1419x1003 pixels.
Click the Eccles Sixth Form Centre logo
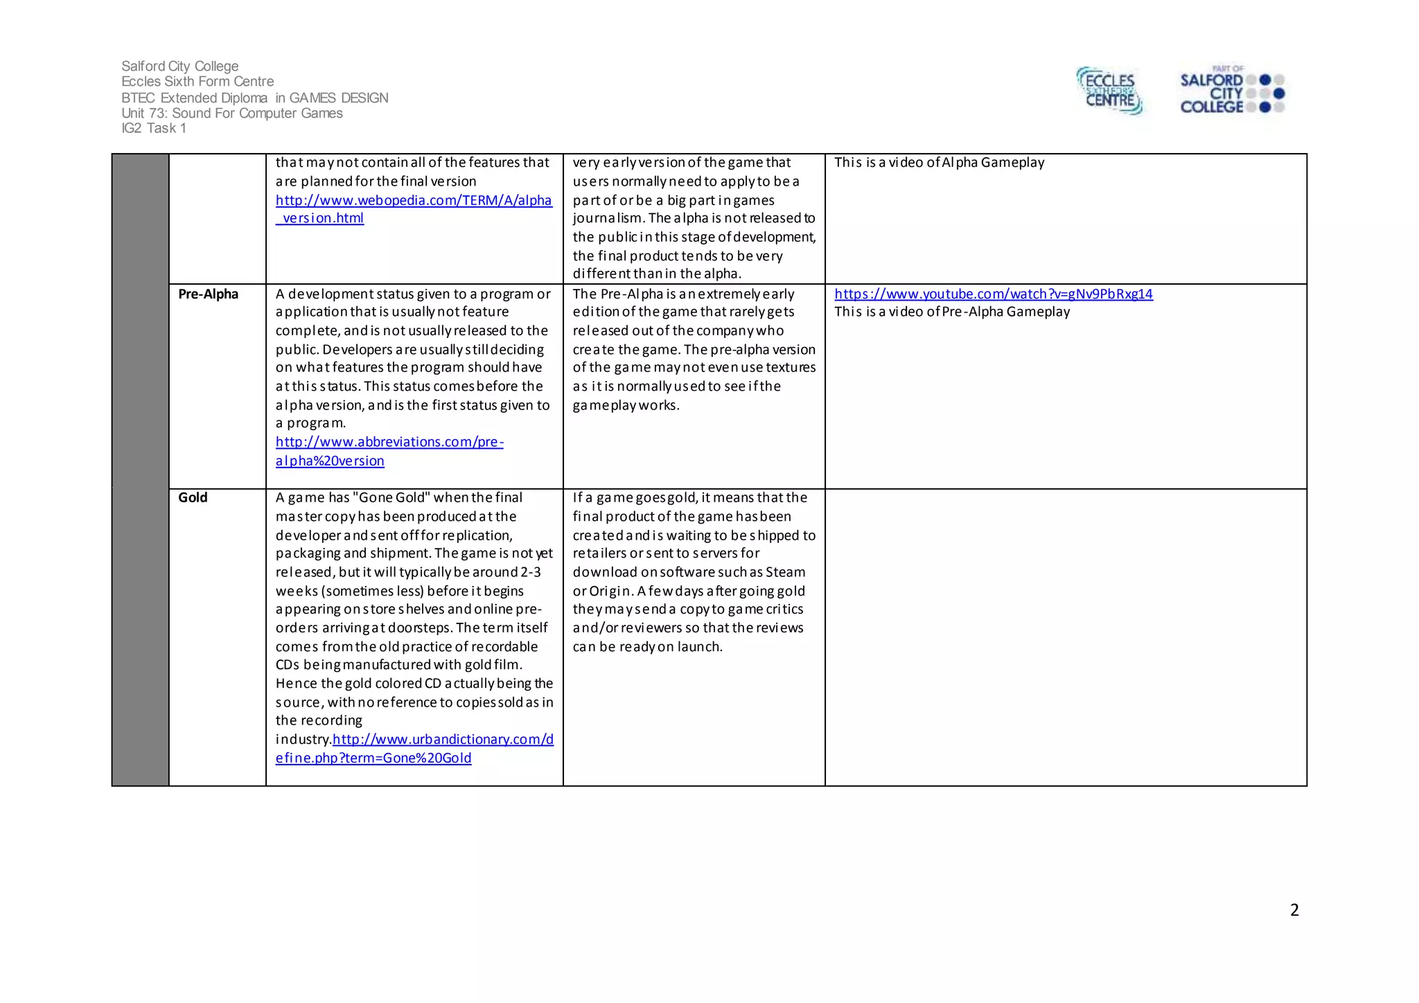coord(1109,91)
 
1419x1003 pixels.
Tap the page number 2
coord(1294,910)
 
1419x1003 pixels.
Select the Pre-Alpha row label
coord(208,294)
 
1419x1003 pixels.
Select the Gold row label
coord(193,497)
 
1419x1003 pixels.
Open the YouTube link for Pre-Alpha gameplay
coord(993,294)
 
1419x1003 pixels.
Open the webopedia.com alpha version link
coord(413,201)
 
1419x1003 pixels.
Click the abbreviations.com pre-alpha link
coord(389,442)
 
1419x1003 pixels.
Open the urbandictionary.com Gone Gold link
coord(443,740)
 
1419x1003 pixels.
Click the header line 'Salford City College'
coord(179,66)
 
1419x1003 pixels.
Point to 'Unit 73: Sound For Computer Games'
coord(231,113)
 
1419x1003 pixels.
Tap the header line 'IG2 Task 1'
coord(153,128)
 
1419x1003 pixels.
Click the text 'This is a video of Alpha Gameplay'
coord(939,162)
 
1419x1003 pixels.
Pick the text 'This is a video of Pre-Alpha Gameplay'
coord(951,312)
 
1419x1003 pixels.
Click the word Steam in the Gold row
coord(785,572)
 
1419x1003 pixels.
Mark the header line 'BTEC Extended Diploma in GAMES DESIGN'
coord(254,98)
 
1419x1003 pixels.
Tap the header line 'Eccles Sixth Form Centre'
coord(197,82)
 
